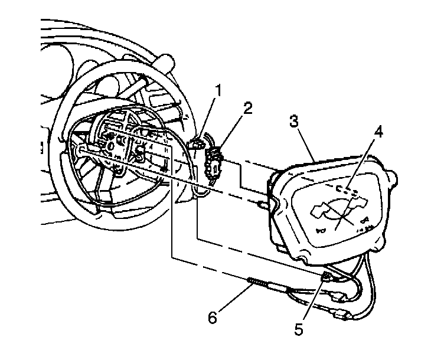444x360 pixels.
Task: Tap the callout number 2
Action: (247, 108)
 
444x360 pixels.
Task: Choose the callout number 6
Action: (212, 318)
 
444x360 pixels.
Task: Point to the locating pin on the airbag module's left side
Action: (261, 203)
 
